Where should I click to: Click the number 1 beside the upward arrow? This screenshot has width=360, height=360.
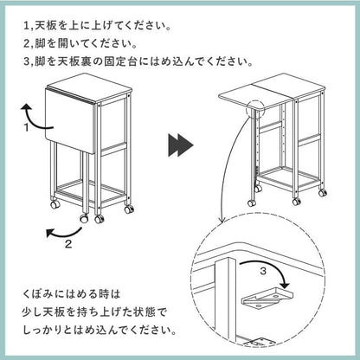coord(27,127)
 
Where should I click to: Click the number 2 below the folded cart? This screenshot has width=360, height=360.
coord(68,244)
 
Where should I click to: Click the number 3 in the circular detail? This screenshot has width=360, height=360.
coord(263,271)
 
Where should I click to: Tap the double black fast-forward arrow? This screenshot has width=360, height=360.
coord(181,145)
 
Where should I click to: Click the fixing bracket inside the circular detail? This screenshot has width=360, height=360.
coord(267,299)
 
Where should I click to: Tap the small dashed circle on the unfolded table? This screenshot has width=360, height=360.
coord(255,110)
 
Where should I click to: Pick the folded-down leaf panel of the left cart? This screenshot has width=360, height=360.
coord(69,119)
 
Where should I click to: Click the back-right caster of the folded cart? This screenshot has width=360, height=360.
coord(130,209)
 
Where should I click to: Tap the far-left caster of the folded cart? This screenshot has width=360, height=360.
coord(55,204)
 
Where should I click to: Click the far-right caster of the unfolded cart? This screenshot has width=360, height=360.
coord(323,193)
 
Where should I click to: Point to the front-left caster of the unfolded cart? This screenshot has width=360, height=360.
coord(252,202)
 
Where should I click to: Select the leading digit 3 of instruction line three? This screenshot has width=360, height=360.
coord(27,62)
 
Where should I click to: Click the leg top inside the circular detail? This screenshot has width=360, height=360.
coord(225,261)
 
